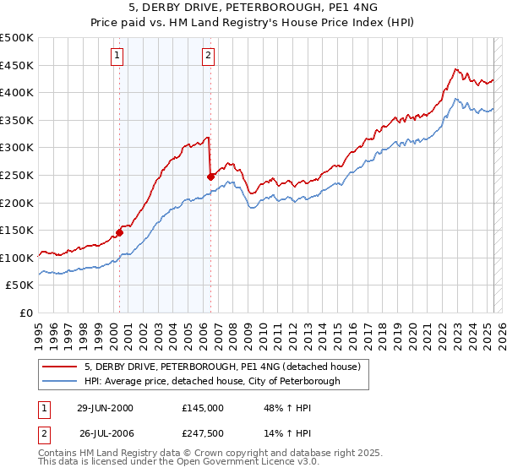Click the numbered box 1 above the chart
coord(116,57)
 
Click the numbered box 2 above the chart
coord(208,57)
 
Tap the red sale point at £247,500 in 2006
coord(210,177)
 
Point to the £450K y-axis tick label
coord(17,65)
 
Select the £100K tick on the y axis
coord(17,258)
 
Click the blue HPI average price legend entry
coord(211,381)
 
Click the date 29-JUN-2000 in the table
coord(105,408)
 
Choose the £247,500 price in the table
coord(203,433)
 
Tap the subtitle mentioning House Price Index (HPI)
coord(253,24)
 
